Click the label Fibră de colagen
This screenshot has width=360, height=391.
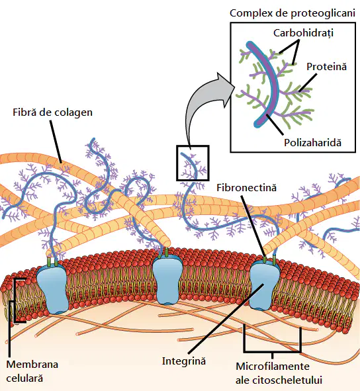click(x=53, y=112)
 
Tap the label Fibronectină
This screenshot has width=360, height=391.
click(x=246, y=188)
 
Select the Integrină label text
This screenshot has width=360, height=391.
click(x=184, y=361)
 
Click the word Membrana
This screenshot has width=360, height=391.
click(x=32, y=365)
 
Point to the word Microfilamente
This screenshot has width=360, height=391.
click(x=273, y=367)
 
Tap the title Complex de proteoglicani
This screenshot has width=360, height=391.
click(x=292, y=13)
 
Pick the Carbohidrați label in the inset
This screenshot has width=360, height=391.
click(x=303, y=33)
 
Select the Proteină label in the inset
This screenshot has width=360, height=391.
click(x=326, y=67)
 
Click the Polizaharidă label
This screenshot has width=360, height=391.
click(x=312, y=143)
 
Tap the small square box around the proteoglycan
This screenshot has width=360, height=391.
click(x=193, y=146)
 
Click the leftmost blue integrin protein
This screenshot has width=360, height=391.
click(x=52, y=288)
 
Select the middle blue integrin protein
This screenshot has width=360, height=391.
click(x=167, y=280)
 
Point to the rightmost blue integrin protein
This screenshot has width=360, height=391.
click(x=265, y=285)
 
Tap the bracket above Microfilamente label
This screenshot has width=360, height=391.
click(x=273, y=351)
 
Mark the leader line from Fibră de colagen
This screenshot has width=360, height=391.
click(x=56, y=142)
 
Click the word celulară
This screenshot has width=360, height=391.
click(x=24, y=378)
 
